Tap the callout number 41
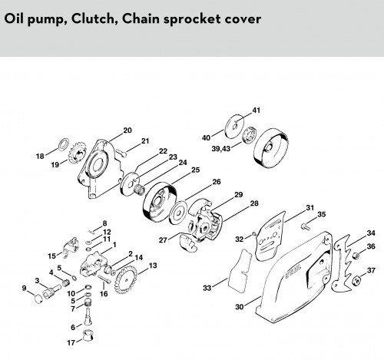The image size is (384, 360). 257,111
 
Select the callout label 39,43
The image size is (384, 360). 221,148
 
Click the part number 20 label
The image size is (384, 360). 127,130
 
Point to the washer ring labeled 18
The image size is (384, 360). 63,144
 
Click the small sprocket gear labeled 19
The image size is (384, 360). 76,153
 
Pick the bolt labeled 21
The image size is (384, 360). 121,153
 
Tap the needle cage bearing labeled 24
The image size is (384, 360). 139,190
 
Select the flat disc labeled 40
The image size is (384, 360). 233,126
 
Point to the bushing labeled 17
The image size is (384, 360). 88,335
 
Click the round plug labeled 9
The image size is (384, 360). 38,299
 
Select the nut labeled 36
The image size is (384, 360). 355,256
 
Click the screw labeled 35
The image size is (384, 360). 305,226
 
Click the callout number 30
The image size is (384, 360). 240,307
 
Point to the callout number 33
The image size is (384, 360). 207,288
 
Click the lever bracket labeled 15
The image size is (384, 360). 70,246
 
